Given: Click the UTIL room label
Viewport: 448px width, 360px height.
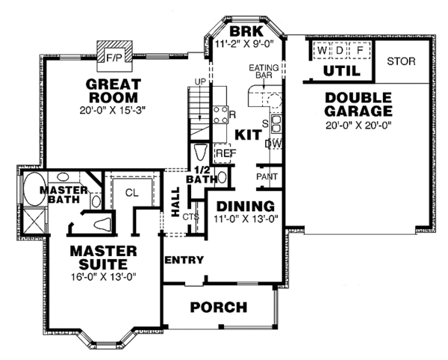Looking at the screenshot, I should coord(342,70).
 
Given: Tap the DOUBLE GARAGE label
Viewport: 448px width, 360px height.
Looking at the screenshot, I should coord(358,105).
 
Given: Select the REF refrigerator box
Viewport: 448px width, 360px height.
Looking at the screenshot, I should coord(225,153).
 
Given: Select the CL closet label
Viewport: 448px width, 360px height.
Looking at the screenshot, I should coord(131,192).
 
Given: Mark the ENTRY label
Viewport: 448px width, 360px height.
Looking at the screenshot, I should coord(183,259).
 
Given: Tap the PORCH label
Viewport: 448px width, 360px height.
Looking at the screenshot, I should coord(218,306).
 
